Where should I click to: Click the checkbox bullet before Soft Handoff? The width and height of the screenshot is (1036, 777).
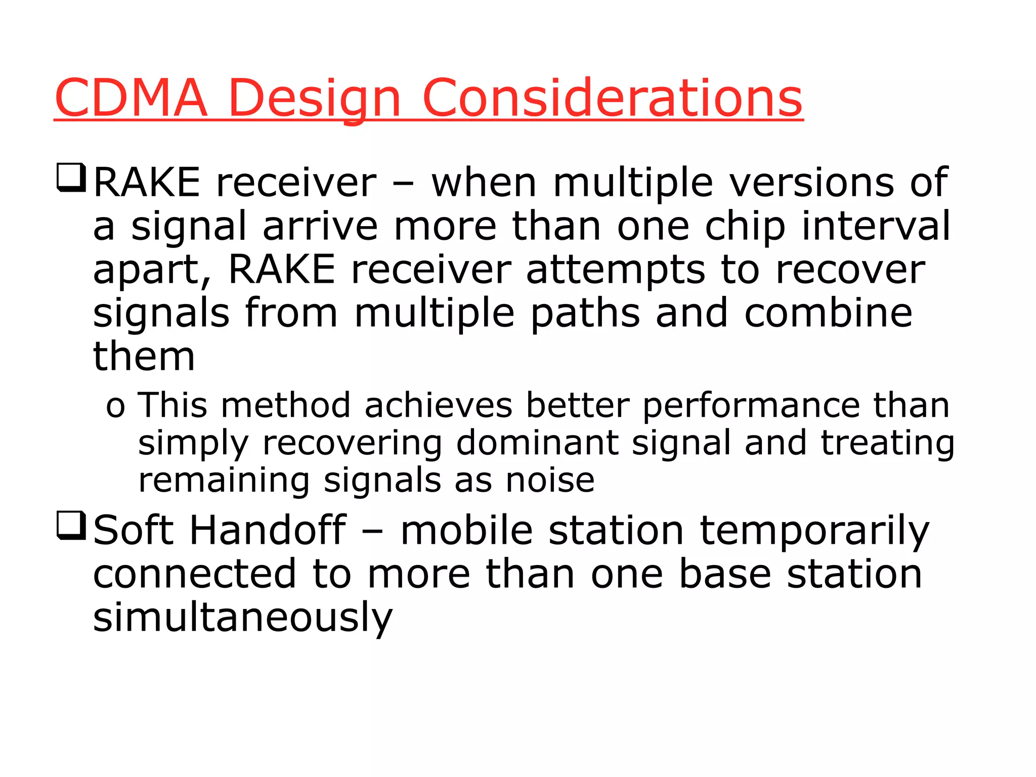click(71, 526)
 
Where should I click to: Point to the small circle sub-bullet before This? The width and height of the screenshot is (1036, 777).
click(115, 407)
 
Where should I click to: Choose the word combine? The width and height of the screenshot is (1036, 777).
click(828, 313)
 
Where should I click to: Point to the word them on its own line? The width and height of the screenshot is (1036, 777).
click(144, 356)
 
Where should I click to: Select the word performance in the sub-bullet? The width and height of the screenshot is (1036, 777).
click(751, 406)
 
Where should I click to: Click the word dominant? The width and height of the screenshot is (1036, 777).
click(537, 443)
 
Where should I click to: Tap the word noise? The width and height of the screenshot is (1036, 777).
click(550, 480)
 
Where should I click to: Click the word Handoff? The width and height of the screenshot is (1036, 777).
click(268, 530)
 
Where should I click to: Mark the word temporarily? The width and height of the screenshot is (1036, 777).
click(814, 531)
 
